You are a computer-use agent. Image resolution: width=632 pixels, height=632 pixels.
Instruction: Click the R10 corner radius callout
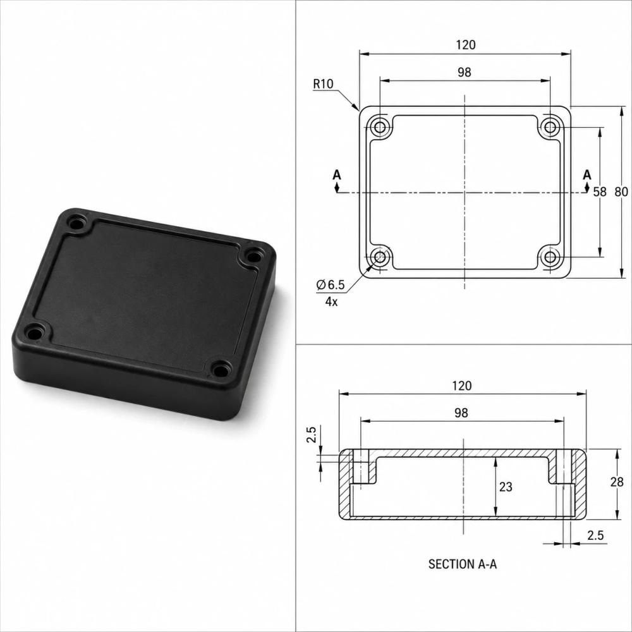coord(323,84)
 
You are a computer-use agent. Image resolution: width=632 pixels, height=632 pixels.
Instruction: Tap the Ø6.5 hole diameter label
coord(331,285)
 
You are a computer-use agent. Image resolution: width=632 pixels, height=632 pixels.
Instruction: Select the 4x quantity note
coord(331,301)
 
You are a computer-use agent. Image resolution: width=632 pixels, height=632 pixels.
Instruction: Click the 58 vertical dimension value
coord(600,192)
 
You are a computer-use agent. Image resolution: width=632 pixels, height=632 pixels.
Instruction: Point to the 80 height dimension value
coord(621,192)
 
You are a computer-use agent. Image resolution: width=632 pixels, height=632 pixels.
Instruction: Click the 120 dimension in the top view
coord(466,45)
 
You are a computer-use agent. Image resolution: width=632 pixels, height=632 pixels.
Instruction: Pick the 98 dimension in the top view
coord(465,72)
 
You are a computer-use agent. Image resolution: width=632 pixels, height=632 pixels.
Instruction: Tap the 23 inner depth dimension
coord(506,487)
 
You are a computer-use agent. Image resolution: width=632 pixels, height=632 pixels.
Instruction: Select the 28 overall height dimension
coord(617,482)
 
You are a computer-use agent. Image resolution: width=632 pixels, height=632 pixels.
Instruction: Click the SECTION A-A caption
coord(463,564)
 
